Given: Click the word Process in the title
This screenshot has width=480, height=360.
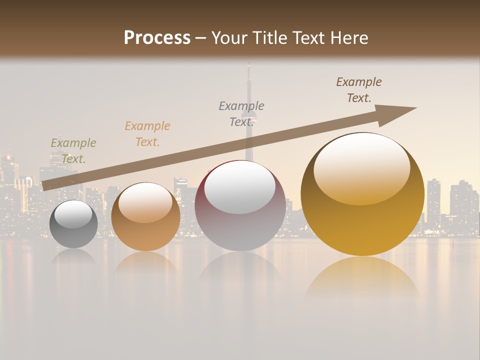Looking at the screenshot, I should click(157, 37).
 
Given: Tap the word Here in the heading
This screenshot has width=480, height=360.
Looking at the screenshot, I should click(348, 38).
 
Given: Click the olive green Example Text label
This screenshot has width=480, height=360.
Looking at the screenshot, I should click(73, 150).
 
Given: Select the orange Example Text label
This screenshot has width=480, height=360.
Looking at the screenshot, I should click(147, 133).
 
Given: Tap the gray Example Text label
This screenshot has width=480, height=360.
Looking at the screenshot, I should click(241, 113).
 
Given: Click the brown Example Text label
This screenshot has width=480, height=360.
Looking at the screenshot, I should click(359, 89).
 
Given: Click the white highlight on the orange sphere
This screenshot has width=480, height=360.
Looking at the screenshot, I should click(145, 202).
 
